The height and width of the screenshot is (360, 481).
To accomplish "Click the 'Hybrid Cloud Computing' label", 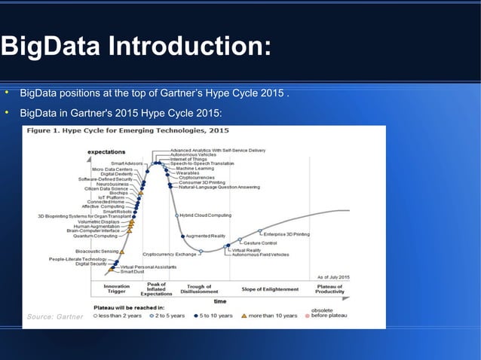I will click(205, 215).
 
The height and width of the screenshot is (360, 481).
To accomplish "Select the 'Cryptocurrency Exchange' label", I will click(169, 254).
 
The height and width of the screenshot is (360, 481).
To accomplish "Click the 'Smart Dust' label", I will click(133, 272).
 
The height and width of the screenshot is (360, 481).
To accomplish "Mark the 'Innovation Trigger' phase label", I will click(117, 288).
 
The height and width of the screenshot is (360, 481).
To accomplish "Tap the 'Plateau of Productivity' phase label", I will click(330, 289).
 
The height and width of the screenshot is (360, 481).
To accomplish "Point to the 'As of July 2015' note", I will click(333, 278).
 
